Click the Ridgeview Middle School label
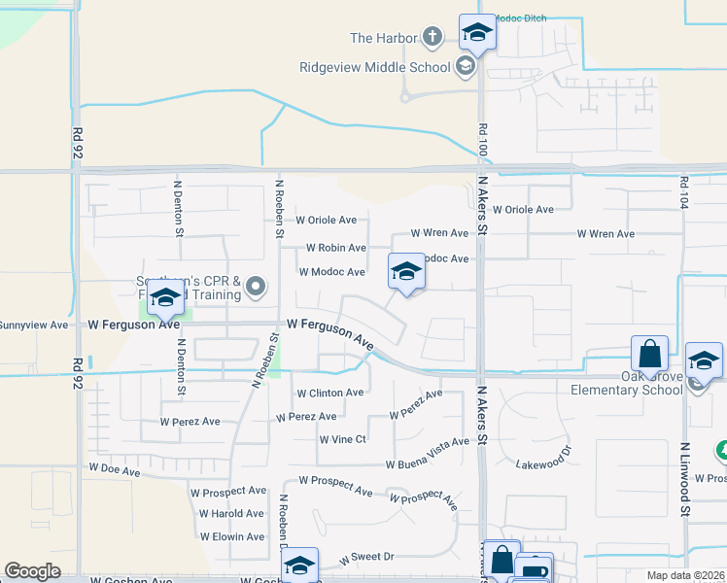(x=374, y=67)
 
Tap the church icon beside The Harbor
(x=433, y=38)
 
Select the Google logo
(x=32, y=570)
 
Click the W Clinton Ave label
(x=329, y=393)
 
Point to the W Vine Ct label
(x=342, y=439)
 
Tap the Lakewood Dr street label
(x=540, y=463)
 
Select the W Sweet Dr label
(x=366, y=557)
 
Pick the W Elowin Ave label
(x=231, y=536)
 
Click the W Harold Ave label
(x=231, y=513)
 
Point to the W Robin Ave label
(x=335, y=248)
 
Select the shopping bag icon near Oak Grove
(x=648, y=353)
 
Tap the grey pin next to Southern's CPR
(x=256, y=286)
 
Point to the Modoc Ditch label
(x=521, y=17)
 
